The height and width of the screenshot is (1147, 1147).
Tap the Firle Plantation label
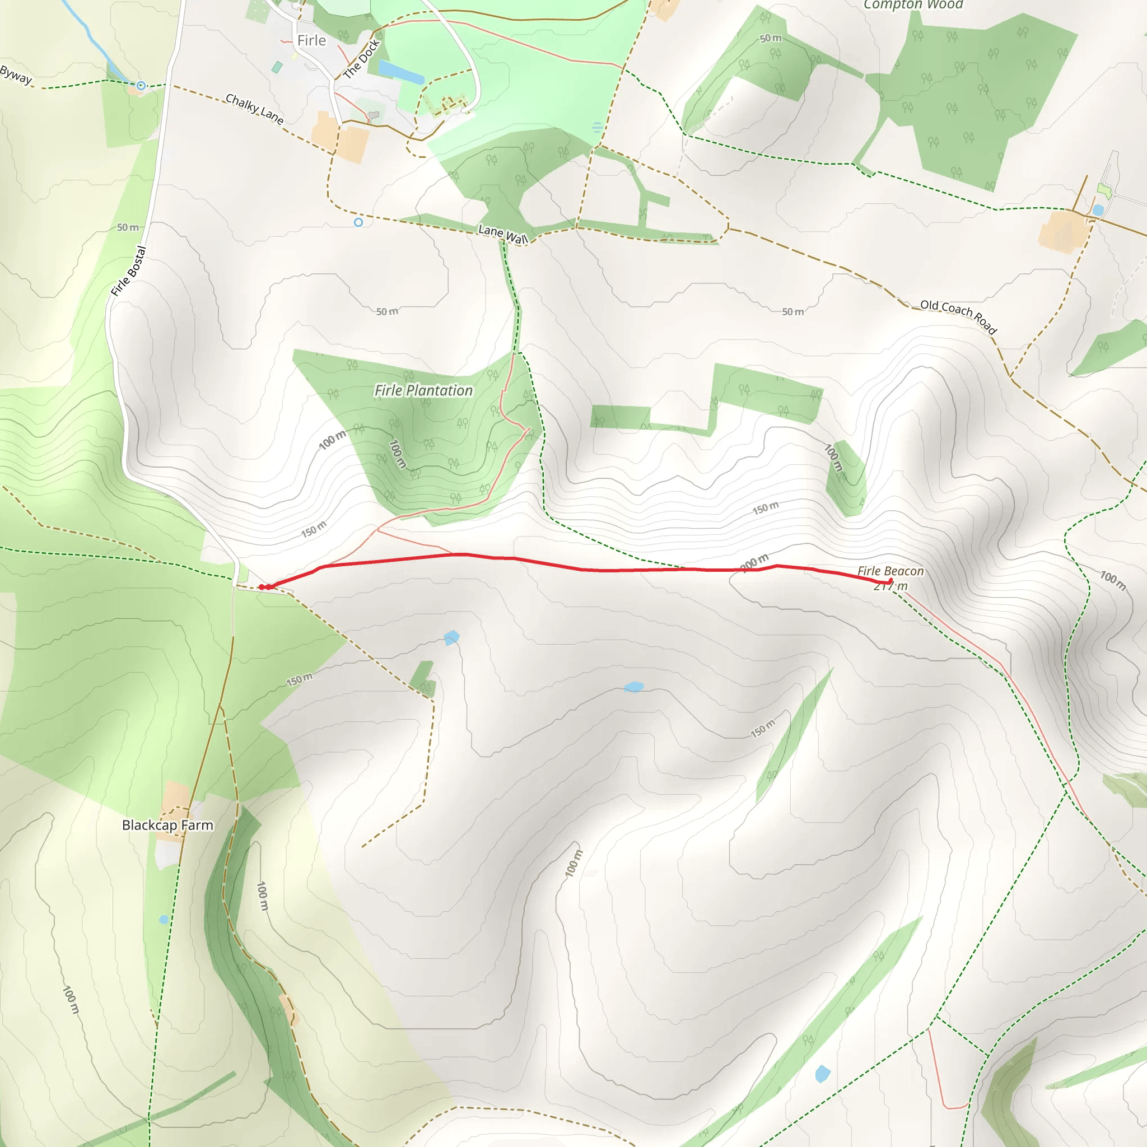423,390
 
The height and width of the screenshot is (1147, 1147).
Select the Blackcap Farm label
167,825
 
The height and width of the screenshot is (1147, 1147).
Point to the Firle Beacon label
890,571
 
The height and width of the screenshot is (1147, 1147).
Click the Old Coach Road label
958,316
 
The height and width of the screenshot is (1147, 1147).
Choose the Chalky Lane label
255,109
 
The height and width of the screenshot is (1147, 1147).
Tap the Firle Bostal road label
128,271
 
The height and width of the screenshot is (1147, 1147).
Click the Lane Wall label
503,234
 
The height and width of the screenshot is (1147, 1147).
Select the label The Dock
361,59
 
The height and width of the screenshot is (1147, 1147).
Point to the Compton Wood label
912,4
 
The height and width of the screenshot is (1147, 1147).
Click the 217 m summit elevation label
890,586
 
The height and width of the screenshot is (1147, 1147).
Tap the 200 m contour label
754,562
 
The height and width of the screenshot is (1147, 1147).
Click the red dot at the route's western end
262,587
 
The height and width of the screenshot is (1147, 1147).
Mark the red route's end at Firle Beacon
890,581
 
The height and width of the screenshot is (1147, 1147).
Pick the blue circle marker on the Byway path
141,86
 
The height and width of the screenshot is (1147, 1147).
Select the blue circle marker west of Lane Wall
358,222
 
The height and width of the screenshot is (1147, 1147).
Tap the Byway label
16,75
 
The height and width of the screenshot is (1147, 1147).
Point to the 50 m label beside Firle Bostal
128,227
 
